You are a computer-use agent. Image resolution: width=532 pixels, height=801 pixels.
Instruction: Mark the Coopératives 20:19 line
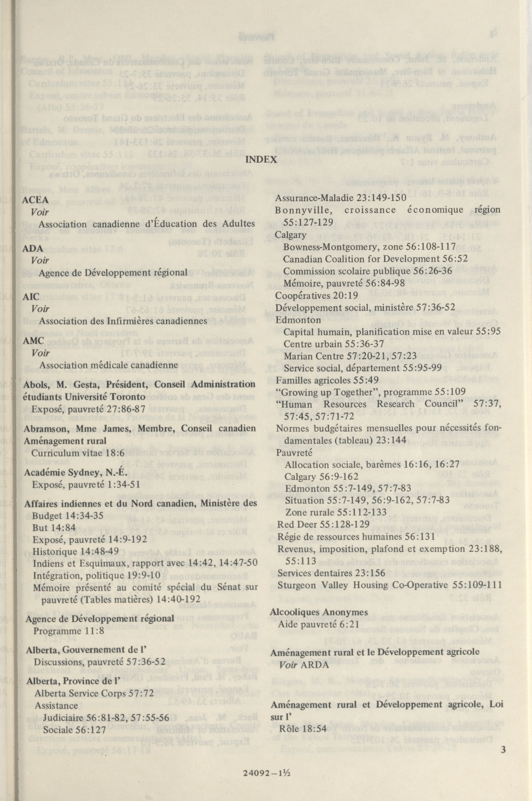(x=316, y=295)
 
